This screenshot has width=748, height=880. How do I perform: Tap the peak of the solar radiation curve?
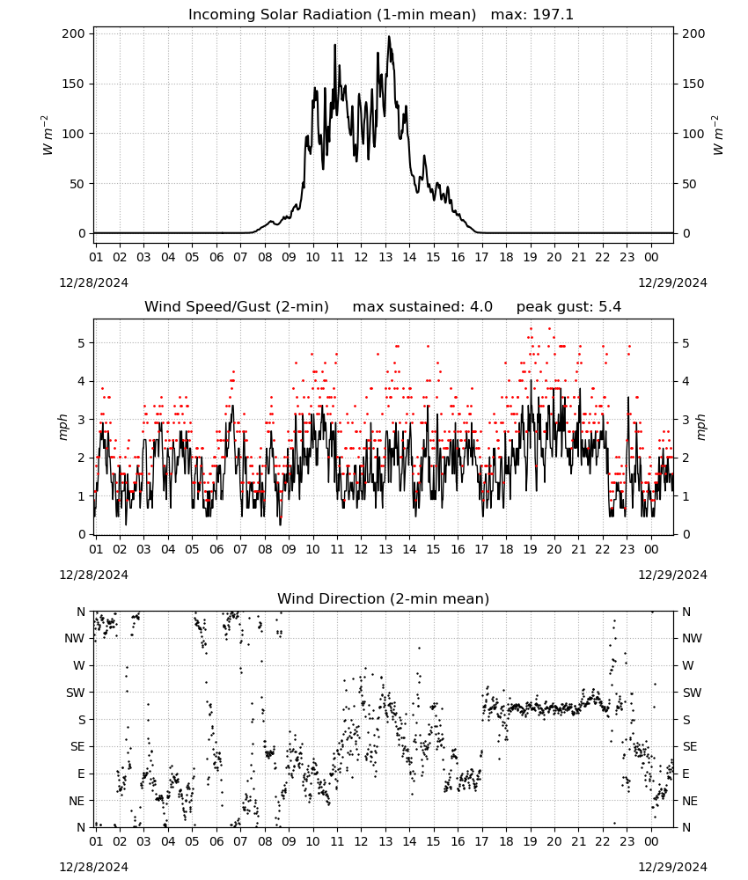389,37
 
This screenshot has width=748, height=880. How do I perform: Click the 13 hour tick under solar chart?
385,257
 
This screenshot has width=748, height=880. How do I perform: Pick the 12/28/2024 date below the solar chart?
93,282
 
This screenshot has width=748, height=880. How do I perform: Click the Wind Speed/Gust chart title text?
237,307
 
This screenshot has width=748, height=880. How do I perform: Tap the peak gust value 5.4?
610,307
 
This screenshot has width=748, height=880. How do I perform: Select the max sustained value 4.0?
481,307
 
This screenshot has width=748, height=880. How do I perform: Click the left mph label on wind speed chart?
63,427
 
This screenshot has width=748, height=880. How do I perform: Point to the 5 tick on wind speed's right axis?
686,343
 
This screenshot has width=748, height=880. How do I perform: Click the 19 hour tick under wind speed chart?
531,549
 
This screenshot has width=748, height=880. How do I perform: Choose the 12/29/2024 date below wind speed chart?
672,575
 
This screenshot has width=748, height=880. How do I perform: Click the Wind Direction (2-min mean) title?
384,598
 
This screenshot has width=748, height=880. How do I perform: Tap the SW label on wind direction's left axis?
76,693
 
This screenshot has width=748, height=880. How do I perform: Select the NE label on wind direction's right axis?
690,801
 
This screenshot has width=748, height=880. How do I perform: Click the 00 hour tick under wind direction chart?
651,841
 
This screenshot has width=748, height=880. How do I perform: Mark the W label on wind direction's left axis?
79,665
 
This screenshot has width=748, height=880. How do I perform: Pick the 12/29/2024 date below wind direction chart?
672,867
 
